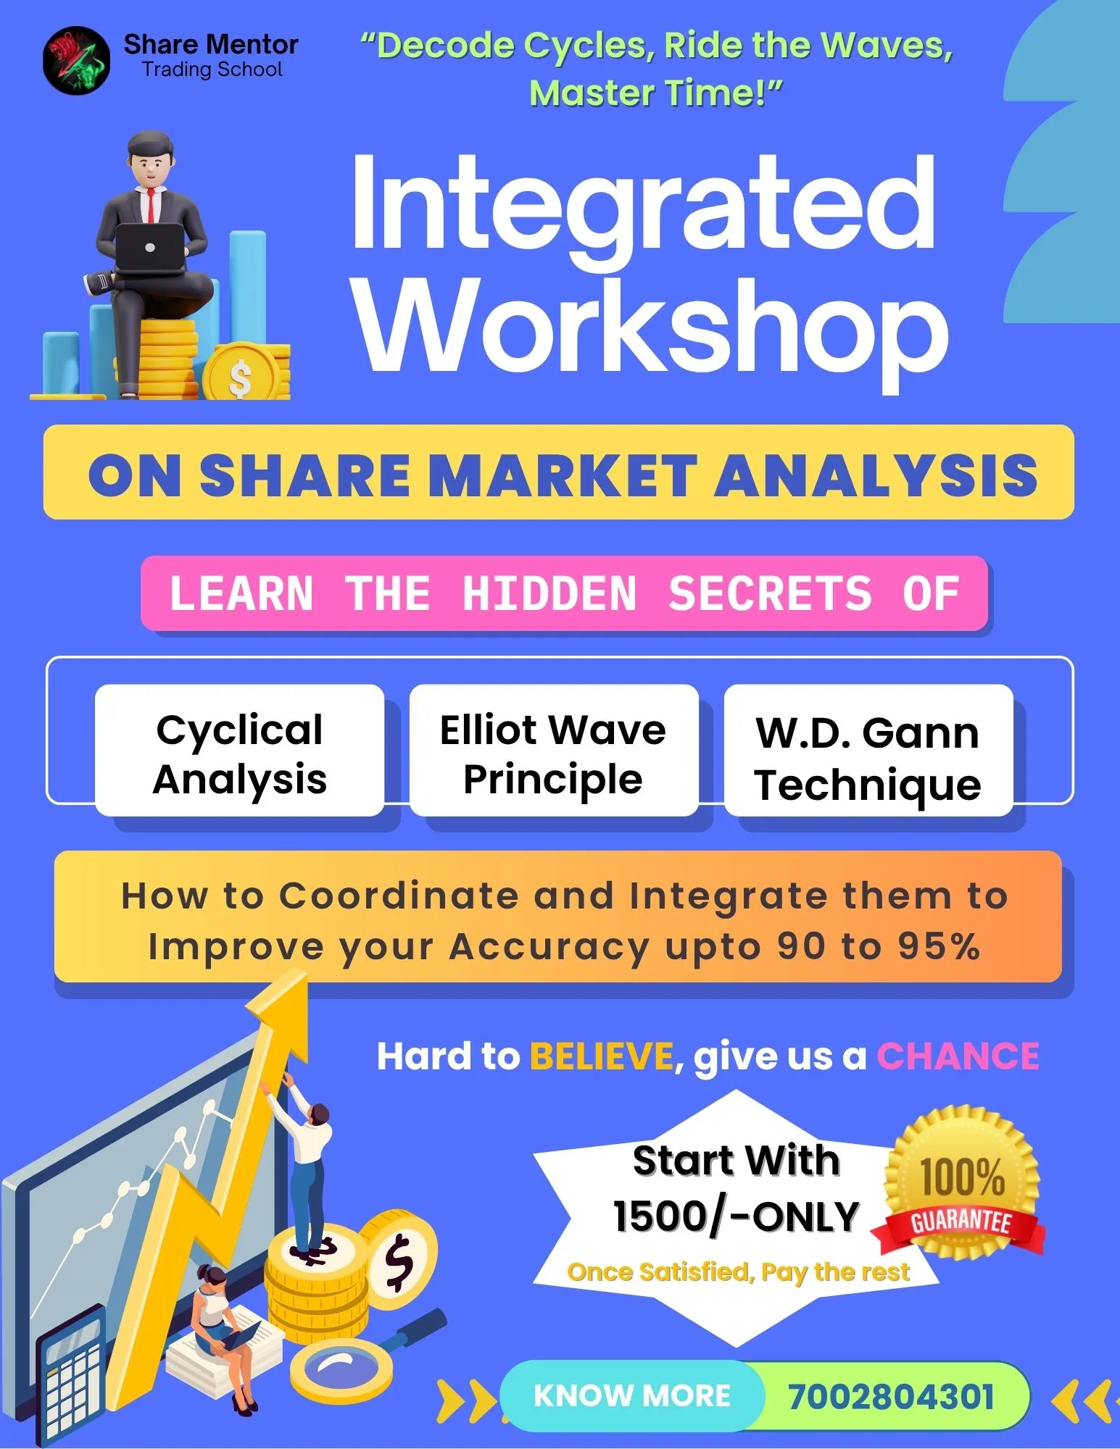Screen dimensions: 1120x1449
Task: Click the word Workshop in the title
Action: pyautogui.click(x=652, y=330)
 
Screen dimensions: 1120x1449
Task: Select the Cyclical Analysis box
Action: pyautogui.click(x=240, y=751)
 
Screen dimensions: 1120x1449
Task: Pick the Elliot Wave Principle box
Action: pyautogui.click(x=554, y=751)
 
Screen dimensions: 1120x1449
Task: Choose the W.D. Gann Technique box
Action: pyautogui.click(x=868, y=751)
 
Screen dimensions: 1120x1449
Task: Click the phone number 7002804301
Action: pyautogui.click(x=891, y=1396)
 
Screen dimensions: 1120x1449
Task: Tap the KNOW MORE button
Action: pyautogui.click(x=632, y=1395)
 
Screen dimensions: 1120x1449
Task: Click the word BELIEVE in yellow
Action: pyautogui.click(x=602, y=1056)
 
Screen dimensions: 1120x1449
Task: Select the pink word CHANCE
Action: pyautogui.click(x=958, y=1056)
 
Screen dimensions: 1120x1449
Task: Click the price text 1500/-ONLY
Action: pyautogui.click(x=736, y=1216)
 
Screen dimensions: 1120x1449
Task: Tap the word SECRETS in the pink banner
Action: pyautogui.click(x=770, y=593)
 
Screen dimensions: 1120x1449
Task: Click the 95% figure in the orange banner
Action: pyautogui.click(x=939, y=945)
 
